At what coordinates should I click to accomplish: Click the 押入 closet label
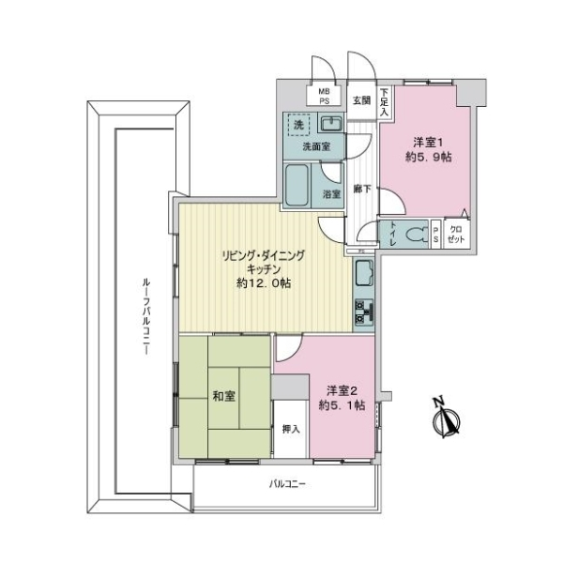click(x=291, y=429)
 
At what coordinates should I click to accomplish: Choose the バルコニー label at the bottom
click(x=288, y=484)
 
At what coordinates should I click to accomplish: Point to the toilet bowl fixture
click(x=417, y=235)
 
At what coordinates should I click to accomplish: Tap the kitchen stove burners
click(x=363, y=312)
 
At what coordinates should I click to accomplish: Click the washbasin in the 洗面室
click(x=331, y=124)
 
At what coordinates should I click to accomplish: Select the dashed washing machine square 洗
click(x=298, y=126)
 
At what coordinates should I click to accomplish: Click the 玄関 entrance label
click(x=361, y=100)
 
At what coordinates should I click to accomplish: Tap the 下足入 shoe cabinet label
click(x=385, y=100)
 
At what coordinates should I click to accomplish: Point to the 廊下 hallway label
click(x=361, y=189)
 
